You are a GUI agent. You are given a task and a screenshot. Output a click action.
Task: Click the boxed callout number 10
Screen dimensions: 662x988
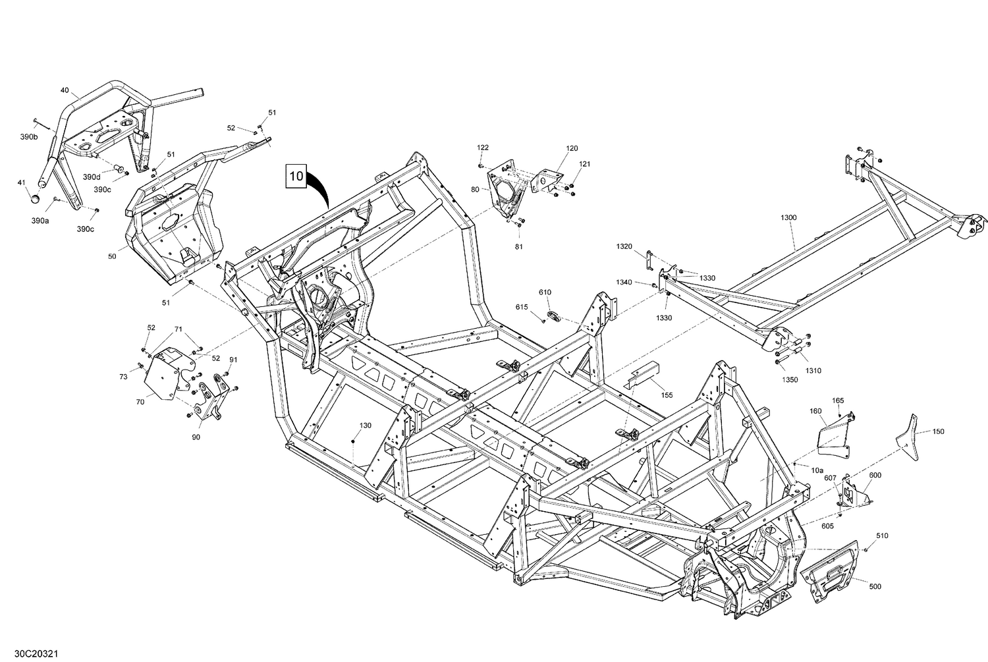coord(296,177)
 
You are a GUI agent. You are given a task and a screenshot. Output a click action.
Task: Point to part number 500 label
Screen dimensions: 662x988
coord(875,586)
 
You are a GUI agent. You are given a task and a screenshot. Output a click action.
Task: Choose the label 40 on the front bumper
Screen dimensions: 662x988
coord(65,90)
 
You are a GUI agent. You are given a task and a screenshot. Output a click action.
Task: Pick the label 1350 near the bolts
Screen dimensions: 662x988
coord(790,380)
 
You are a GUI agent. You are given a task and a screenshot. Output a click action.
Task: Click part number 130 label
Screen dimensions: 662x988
coord(366,426)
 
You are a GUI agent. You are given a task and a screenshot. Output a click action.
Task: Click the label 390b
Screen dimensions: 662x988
coord(29,136)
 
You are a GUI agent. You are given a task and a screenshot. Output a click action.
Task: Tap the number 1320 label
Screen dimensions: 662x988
coord(624,246)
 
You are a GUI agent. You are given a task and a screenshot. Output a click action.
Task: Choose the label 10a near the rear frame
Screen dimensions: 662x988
coord(817,470)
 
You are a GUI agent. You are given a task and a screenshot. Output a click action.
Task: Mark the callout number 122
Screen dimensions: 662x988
coord(483,148)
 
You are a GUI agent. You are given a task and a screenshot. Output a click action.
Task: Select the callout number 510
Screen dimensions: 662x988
coord(882,536)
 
